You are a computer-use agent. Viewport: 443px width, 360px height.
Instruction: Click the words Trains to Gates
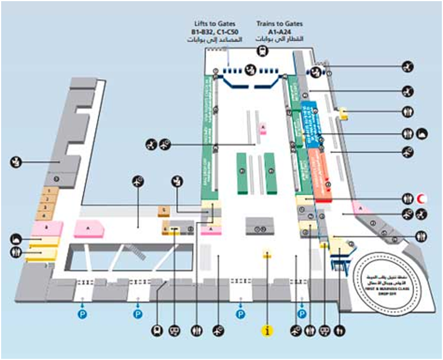[x=279, y=24]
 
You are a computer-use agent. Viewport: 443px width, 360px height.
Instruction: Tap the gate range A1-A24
[x=279, y=33]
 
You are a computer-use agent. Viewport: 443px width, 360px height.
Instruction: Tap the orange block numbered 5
[x=164, y=211]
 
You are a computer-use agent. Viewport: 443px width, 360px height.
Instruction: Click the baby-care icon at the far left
[x=16, y=163]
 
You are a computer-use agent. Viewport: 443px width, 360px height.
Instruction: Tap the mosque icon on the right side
[x=423, y=134]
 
